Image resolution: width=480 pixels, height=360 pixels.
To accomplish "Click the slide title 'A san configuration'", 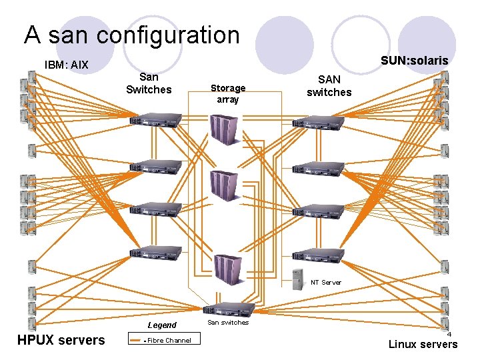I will point(131,35).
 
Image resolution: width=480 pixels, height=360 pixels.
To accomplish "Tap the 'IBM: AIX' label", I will point(66,65).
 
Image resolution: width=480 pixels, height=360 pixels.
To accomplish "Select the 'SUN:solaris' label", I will point(414,61).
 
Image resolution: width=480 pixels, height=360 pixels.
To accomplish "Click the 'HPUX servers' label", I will point(61,340).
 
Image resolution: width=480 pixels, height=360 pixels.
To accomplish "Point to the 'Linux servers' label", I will point(423,344).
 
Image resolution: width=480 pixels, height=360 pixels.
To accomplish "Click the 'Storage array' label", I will point(228,93).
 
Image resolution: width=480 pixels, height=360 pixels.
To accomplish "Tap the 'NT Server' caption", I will point(325,283).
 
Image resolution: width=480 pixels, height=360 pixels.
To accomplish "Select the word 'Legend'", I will point(162,325).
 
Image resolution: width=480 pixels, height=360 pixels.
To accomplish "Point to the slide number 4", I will point(449,334).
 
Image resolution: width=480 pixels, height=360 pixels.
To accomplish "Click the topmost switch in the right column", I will point(317,121).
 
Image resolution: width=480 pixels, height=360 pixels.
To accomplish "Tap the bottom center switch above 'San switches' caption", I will point(231,309).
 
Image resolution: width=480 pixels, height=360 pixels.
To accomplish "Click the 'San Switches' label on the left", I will point(149,84).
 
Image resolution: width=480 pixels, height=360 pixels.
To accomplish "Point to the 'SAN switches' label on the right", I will point(329,86).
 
